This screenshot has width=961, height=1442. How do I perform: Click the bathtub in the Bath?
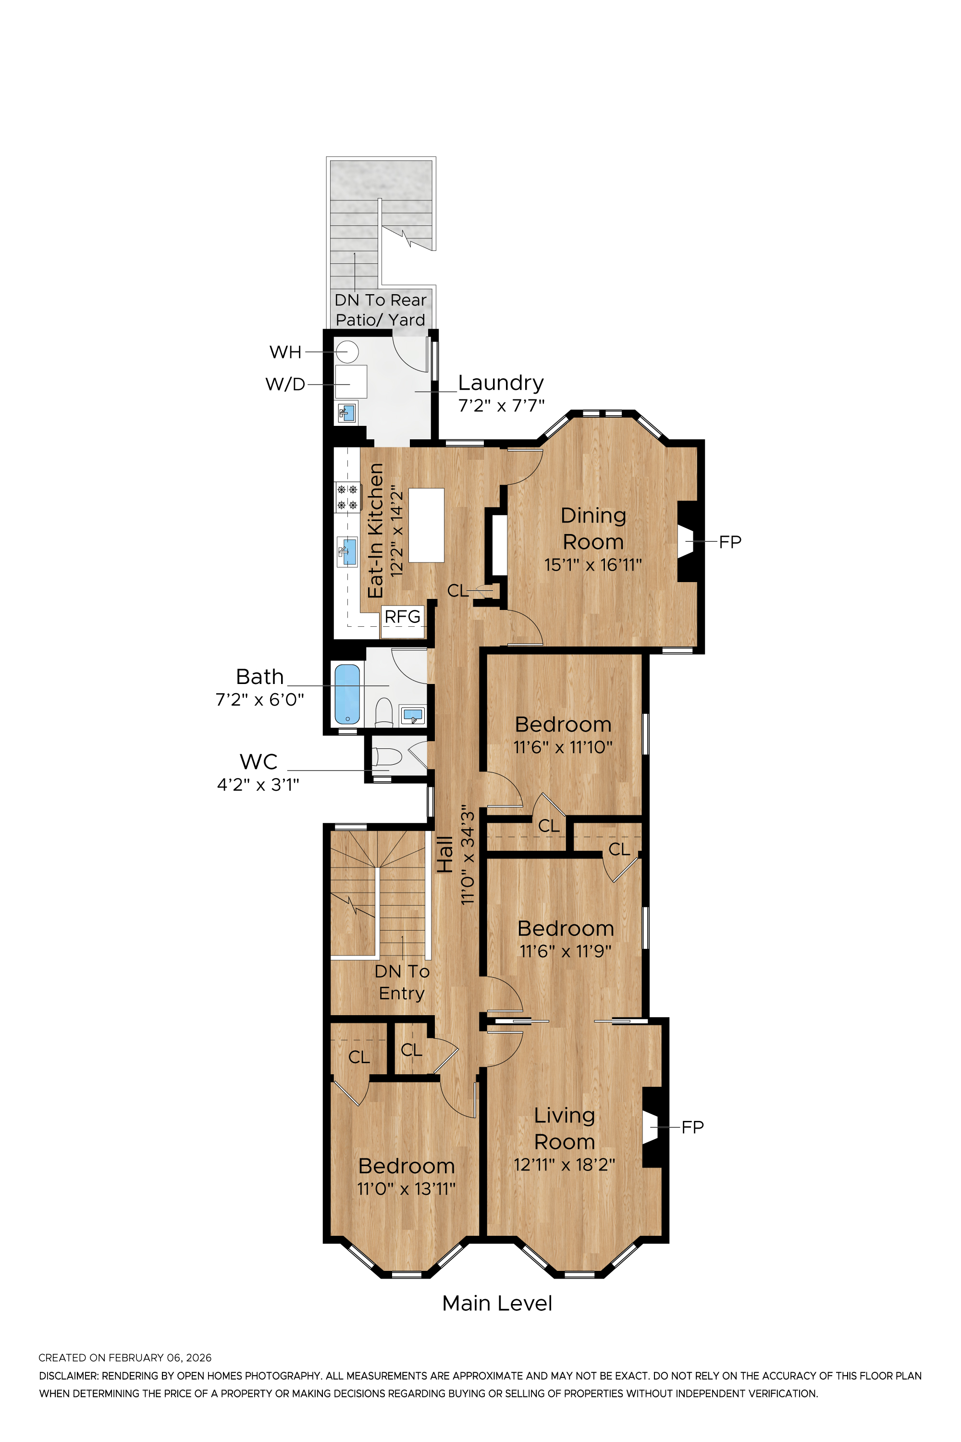347,694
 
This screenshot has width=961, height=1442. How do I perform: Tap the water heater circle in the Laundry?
347,352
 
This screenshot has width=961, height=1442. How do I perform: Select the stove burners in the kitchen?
347,497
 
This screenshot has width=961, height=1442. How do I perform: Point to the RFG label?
403,617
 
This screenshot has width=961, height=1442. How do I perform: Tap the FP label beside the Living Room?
692,1127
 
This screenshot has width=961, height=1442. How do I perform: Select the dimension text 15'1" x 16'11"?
592,565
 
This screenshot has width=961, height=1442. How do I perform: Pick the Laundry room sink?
347,412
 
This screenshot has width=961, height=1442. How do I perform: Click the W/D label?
285,385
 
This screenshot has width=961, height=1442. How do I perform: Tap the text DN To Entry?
402,982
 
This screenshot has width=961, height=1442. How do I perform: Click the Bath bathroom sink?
412,715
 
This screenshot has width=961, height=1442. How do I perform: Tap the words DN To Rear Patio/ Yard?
381,310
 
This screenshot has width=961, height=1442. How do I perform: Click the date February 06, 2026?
160,1358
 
